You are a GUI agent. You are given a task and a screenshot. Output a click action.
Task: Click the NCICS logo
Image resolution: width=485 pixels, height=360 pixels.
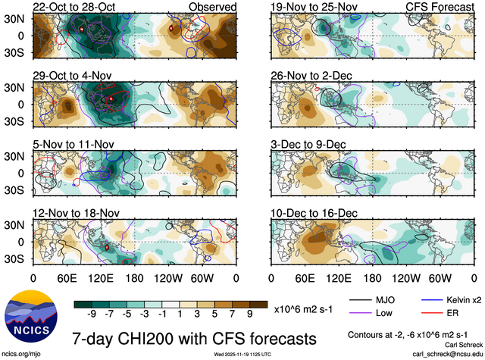pos(32,319)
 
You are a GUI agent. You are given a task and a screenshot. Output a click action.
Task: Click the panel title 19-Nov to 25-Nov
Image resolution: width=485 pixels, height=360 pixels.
pos(310,7)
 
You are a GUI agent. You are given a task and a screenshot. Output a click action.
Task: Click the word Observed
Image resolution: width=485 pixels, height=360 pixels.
pos(212,7)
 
